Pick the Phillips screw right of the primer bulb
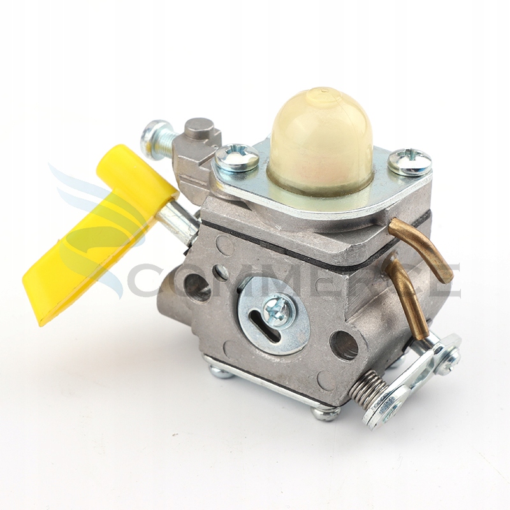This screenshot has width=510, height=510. click(409, 161)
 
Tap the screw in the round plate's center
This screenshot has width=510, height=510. click(279, 310)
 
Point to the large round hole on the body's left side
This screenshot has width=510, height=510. click(197, 287)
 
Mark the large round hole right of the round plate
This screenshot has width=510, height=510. click(345, 345)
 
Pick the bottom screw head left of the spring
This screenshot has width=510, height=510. click(326, 412)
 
